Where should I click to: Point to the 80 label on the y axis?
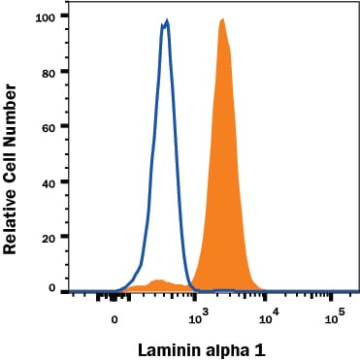coord(49,73)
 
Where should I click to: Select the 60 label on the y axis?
coord(49,127)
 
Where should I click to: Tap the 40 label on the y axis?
coord(49,183)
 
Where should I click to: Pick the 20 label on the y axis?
coord(49,238)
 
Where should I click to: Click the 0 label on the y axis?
coord(52,288)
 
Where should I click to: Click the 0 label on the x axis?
coord(115,320)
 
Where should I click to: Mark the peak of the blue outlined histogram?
coord(167,21)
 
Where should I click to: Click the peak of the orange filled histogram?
coord(222,20)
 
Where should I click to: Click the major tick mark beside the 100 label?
coord(64,16)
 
